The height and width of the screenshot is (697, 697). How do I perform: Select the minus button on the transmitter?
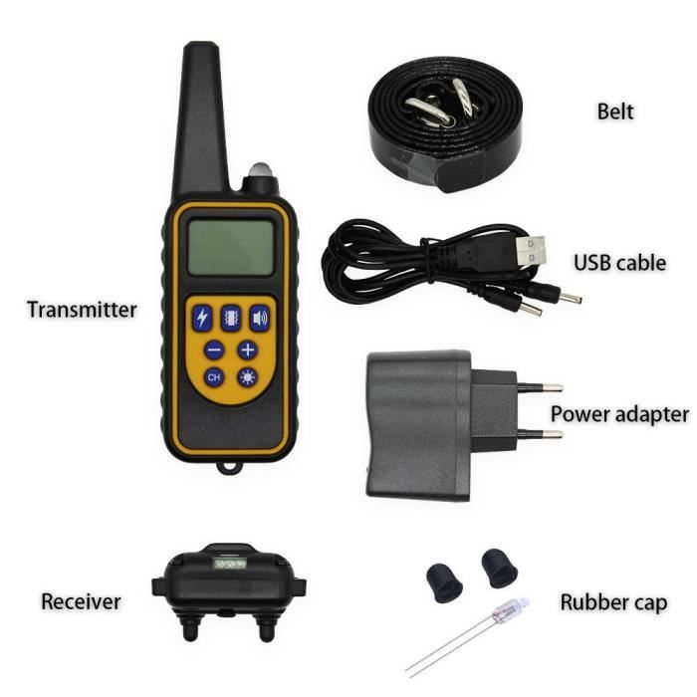pos(214,349)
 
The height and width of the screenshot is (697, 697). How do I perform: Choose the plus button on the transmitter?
pos(247,349)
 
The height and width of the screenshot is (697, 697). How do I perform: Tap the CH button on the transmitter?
pos(214,377)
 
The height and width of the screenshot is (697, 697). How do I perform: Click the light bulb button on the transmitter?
pos(246,377)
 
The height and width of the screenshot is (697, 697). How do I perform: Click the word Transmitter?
pos(82,310)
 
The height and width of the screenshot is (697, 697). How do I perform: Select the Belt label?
pos(614,112)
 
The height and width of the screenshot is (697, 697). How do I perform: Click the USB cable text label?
pos(618,263)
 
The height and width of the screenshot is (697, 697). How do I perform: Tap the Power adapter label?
pos(619,413)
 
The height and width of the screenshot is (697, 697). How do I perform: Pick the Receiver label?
pos(81,601)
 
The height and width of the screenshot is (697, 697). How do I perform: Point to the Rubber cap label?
pos(613,602)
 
